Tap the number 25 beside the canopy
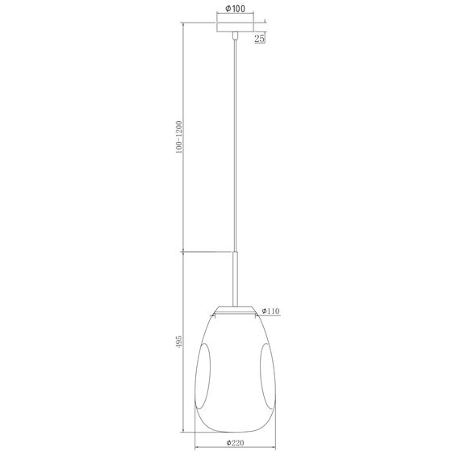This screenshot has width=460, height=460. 261,37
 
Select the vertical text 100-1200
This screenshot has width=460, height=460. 179,138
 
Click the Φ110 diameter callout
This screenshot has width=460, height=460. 270,311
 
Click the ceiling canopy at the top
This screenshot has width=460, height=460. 234,27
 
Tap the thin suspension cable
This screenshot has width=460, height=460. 234,145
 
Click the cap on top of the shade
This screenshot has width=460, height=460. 234,308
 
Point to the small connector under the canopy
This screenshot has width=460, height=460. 234,37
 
